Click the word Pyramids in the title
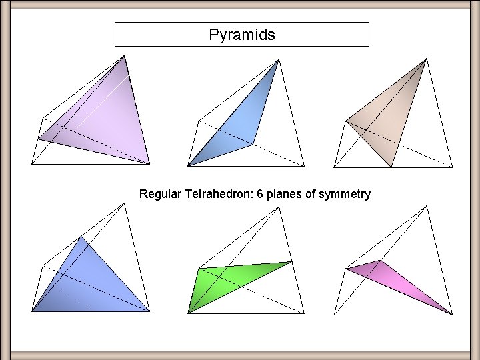click(x=241, y=35)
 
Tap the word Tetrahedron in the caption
click(x=215, y=195)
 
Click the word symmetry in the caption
click(x=345, y=195)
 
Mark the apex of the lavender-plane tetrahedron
click(x=125, y=56)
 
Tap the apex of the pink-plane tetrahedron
click(x=426, y=206)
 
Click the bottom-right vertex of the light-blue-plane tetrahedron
click(x=304, y=165)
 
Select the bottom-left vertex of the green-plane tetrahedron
click(x=188, y=312)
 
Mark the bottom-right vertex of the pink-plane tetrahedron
click(x=453, y=313)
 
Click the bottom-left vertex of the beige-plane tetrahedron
click(x=333, y=166)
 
